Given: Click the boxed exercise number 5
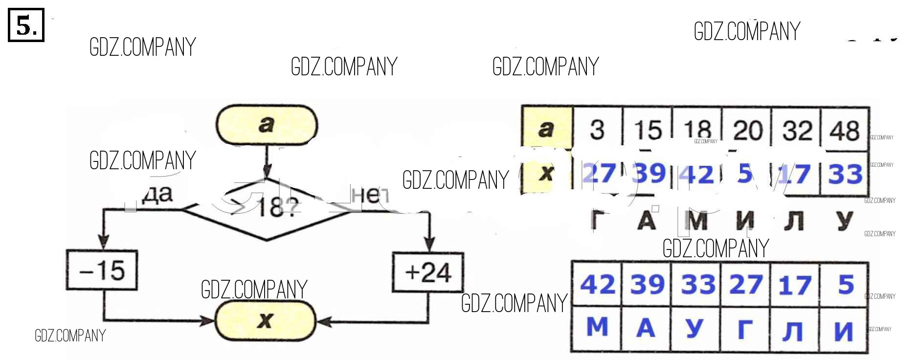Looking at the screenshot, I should click(x=26, y=25).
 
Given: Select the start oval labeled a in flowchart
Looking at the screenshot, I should click(x=267, y=125).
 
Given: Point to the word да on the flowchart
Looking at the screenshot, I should click(x=157, y=194).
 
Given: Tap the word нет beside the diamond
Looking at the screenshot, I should click(x=370, y=195).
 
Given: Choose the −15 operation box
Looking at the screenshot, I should click(x=102, y=270).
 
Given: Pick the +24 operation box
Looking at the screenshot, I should click(x=428, y=272).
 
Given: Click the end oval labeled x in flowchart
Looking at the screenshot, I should click(x=266, y=320).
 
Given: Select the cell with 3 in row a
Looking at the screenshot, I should click(x=597, y=130).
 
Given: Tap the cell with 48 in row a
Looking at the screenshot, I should click(x=845, y=130).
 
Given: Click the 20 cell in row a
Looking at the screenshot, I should click(x=747, y=130).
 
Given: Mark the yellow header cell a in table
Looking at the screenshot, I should click(x=547, y=129).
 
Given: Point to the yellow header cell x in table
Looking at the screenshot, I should click(x=547, y=173).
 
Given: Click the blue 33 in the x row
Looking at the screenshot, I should click(x=845, y=174).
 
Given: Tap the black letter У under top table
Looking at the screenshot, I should click(x=845, y=221).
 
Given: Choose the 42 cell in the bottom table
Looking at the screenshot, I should click(x=597, y=284).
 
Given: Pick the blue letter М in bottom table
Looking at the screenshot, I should click(x=597, y=327).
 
